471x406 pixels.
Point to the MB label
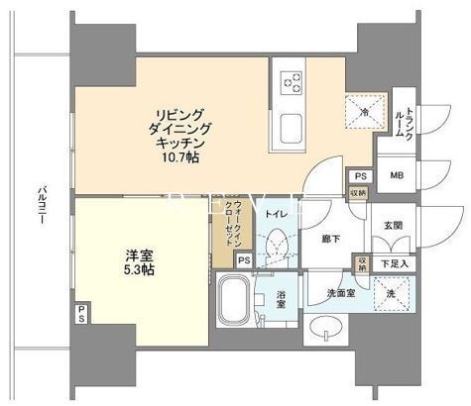(397, 176)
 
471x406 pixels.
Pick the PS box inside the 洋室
(80, 315)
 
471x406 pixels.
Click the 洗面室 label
(337, 295)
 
